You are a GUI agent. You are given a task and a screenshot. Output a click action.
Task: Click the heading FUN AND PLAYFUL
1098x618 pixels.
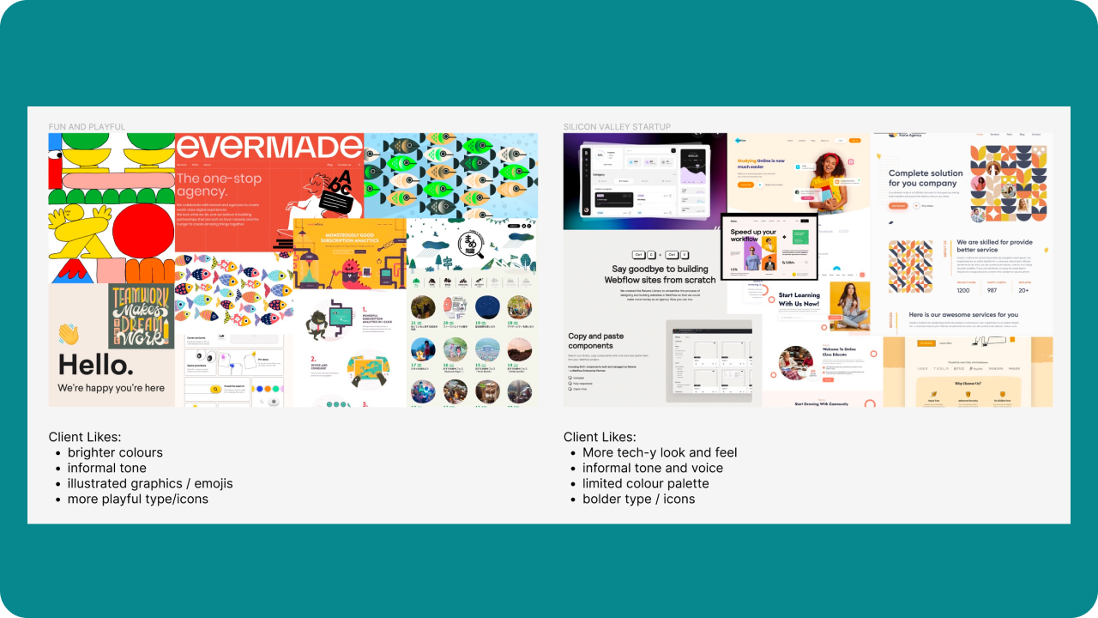[87, 127]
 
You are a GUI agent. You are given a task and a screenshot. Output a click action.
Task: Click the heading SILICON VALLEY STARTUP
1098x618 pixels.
[617, 127]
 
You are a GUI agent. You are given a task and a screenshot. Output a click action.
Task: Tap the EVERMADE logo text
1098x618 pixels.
[268, 148]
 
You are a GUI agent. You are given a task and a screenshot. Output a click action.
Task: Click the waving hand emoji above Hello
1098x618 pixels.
[69, 334]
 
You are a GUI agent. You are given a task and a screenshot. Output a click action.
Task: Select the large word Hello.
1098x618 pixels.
[96, 366]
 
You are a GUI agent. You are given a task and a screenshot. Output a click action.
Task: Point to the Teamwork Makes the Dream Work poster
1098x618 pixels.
[142, 316]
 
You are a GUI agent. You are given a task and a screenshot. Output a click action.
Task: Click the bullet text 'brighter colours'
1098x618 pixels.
[115, 452]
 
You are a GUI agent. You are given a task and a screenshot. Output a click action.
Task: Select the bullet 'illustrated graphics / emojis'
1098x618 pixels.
[150, 483]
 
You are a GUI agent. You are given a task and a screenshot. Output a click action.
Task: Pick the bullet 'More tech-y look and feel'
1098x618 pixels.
[660, 452]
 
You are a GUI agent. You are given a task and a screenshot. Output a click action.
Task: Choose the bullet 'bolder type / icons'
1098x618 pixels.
[638, 499]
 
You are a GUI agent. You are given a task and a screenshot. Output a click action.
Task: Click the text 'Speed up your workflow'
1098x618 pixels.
[753, 235]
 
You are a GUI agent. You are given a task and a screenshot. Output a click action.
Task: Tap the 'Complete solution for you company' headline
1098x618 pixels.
[926, 178]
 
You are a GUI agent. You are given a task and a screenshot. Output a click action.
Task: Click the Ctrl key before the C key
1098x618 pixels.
[638, 254]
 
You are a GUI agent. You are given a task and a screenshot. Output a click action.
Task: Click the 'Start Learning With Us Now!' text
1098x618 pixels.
[799, 300]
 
